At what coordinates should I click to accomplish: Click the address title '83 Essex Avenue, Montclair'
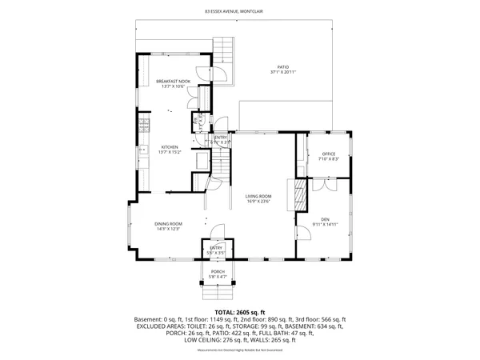(x=239, y=12)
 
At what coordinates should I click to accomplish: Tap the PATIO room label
(x=283, y=67)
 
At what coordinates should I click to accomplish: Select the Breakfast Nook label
(x=173, y=82)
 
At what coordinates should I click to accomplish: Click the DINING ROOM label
(x=168, y=223)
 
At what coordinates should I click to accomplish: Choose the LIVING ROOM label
(x=258, y=196)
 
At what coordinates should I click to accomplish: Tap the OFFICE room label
(x=328, y=154)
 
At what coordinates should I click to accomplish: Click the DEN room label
(x=325, y=218)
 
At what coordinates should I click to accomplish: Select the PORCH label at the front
(x=218, y=271)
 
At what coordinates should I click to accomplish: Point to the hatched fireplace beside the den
(x=301, y=195)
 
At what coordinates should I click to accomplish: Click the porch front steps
(x=218, y=290)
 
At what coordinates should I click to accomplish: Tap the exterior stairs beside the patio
(x=225, y=54)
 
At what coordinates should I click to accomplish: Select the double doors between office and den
(x=325, y=185)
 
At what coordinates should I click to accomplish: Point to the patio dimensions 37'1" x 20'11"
(x=283, y=73)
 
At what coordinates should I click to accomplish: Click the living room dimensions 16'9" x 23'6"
(x=258, y=202)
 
